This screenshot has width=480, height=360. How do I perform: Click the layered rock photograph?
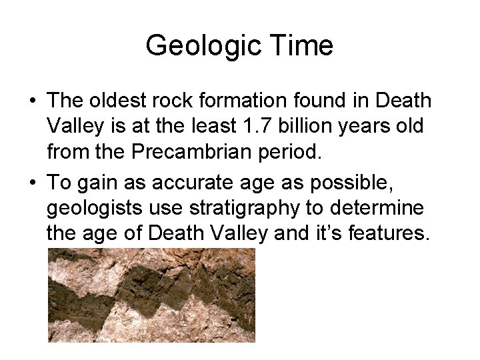[151, 295]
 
